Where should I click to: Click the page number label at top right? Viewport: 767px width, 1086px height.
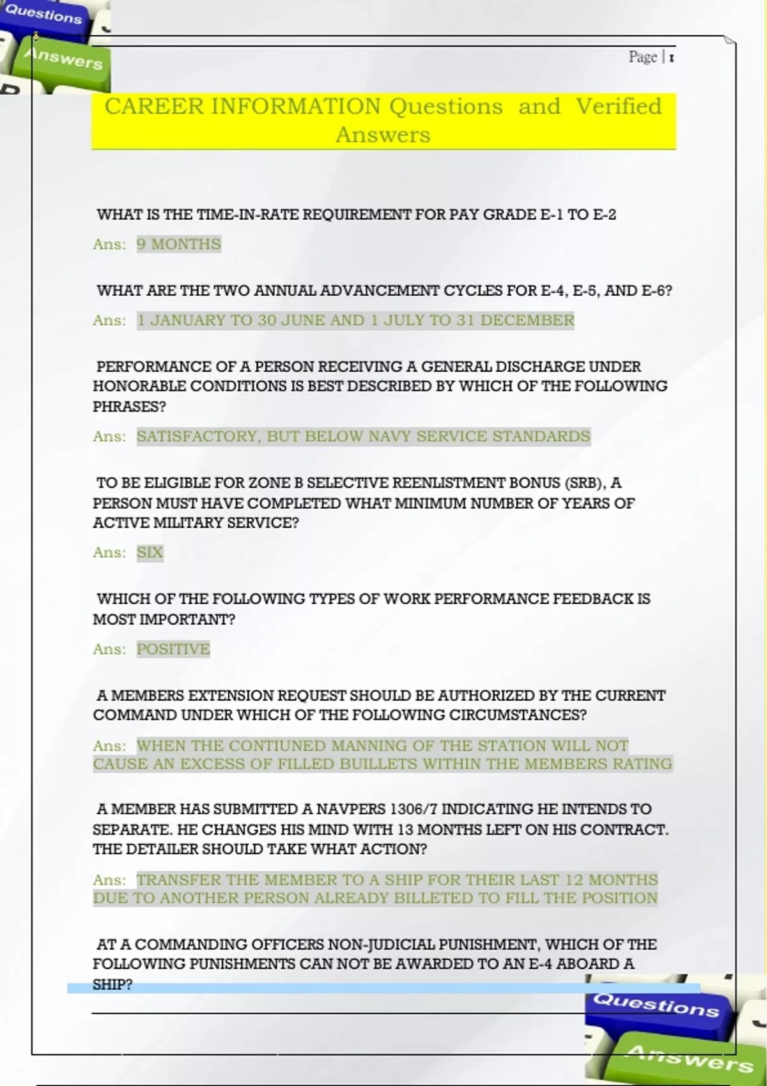[651, 57]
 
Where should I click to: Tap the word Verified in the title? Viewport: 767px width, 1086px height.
[618, 106]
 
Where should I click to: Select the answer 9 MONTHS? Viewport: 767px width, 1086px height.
[178, 244]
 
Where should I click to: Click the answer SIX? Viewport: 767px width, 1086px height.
[150, 553]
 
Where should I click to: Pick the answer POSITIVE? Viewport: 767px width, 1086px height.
[173, 649]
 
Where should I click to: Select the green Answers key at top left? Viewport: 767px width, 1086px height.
[63, 59]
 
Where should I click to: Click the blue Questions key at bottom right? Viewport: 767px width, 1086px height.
[656, 1006]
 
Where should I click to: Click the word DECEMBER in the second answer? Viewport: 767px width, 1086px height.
[527, 320]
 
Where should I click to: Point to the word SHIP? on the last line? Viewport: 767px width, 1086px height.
[112, 984]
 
